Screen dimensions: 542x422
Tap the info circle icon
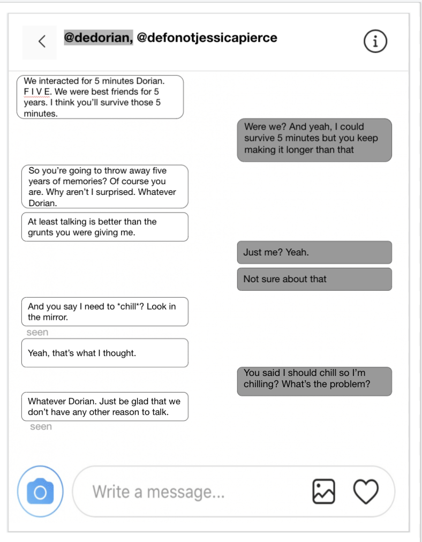375,41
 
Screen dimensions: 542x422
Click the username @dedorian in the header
98,37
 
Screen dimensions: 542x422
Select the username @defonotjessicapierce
207,37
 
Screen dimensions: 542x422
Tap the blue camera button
40,491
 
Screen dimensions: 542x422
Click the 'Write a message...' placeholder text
158,492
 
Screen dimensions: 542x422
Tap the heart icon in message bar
366,491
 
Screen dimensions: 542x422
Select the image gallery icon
323,491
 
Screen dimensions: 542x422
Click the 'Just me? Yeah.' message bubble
314,252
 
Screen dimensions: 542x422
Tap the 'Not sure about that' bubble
314,279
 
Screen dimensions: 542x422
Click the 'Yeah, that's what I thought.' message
104,353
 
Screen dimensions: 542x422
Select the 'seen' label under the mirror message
37,333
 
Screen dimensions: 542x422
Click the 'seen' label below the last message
41,427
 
